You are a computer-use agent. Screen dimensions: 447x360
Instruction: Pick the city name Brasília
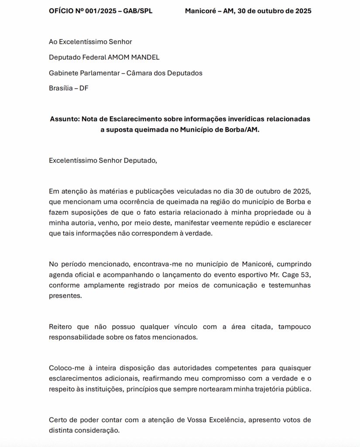(x=60, y=88)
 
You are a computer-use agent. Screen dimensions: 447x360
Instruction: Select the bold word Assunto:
(x=64, y=119)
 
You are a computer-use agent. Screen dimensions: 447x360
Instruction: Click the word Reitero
(x=62, y=327)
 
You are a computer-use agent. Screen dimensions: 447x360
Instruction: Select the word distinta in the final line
(x=61, y=430)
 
